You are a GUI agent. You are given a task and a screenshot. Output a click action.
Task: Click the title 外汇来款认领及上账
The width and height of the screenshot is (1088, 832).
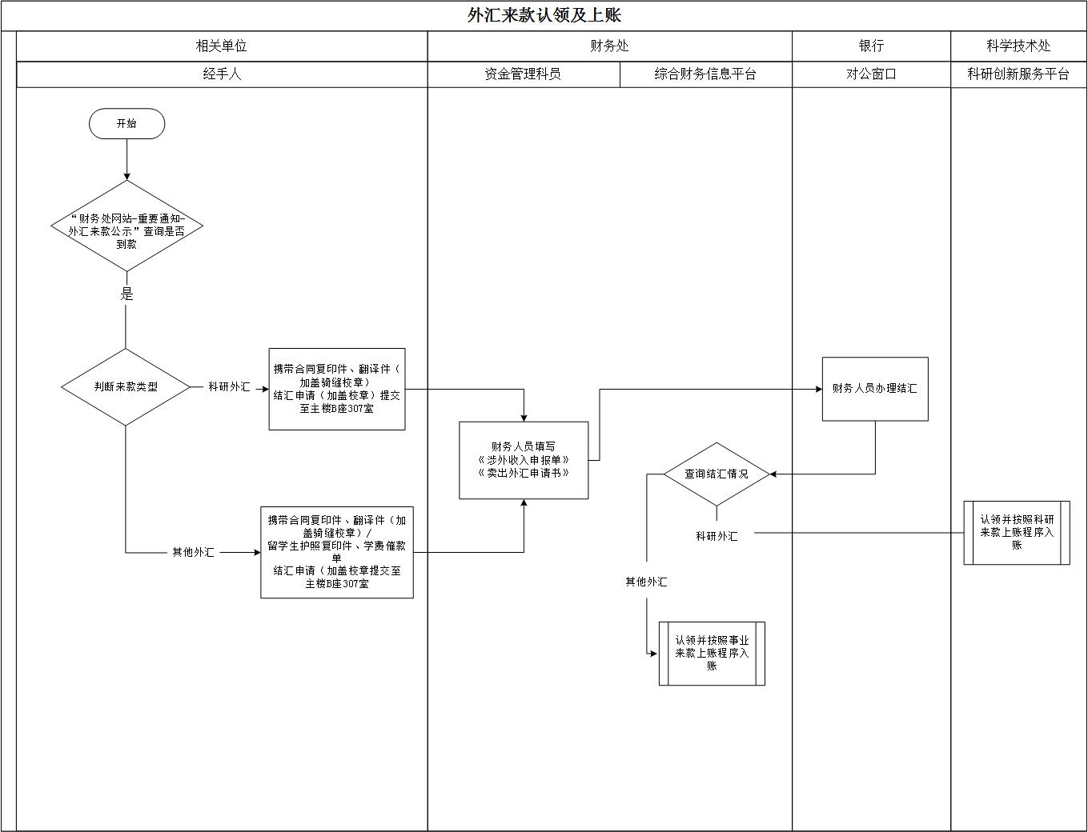point(544,15)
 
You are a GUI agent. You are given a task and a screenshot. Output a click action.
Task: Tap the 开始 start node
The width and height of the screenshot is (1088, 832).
point(126,124)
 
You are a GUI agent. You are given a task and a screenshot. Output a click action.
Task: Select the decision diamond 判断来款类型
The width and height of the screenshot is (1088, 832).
point(126,387)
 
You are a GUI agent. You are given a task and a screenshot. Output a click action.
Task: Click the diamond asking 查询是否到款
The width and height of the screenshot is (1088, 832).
point(126,226)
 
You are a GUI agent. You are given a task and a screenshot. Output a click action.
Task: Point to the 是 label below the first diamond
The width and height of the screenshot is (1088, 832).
point(126,294)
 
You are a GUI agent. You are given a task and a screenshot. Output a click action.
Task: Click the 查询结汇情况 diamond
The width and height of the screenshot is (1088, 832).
point(716,474)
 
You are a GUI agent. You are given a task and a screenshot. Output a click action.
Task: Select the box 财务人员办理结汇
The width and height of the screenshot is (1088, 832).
point(874,389)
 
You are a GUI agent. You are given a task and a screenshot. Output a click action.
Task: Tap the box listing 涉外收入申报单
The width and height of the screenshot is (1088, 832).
point(524,460)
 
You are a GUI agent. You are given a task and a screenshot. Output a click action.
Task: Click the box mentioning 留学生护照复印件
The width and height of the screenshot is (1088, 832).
point(336,552)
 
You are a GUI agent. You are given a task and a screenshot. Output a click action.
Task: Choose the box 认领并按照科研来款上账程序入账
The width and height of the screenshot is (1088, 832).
point(1016,533)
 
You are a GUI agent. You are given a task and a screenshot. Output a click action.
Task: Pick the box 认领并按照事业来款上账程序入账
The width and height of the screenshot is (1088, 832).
point(711,654)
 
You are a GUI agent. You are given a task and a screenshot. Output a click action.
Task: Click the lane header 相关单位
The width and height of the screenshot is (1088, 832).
point(222,46)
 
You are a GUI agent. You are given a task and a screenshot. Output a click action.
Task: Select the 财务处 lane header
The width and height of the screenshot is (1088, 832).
point(609,46)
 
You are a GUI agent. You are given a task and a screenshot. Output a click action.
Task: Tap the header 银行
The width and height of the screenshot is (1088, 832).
point(871,46)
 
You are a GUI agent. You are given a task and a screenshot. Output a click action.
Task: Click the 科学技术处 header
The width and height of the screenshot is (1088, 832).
point(1018,46)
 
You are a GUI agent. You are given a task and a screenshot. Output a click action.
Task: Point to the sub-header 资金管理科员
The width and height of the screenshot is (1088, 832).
point(523,74)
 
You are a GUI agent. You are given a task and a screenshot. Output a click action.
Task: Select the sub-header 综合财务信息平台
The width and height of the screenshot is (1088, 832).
point(705,74)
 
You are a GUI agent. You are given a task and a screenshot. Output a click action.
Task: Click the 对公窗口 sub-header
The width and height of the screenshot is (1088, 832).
point(871,74)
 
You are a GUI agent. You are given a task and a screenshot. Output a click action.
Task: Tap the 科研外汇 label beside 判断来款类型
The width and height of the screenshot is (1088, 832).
point(229,387)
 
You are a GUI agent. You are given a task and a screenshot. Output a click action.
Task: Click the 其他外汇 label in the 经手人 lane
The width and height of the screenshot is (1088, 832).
point(193,553)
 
